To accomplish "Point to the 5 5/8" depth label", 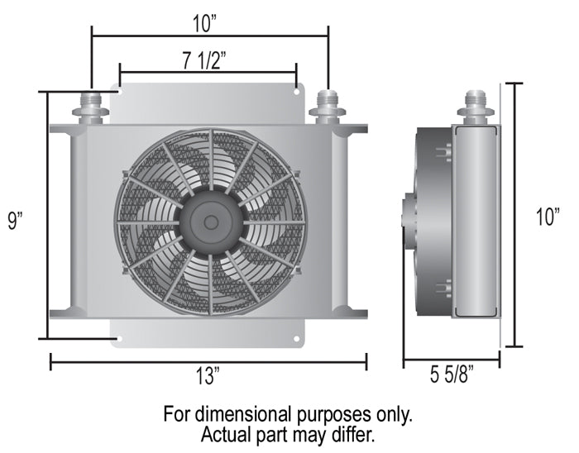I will (452, 378).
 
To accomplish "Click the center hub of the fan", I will (211, 222).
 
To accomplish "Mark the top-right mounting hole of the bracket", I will (297, 90).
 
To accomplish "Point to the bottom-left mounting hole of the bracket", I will (119, 338).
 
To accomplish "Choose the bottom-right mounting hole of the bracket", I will (297, 338).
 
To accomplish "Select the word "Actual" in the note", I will (226, 433).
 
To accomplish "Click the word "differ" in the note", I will (354, 433).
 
